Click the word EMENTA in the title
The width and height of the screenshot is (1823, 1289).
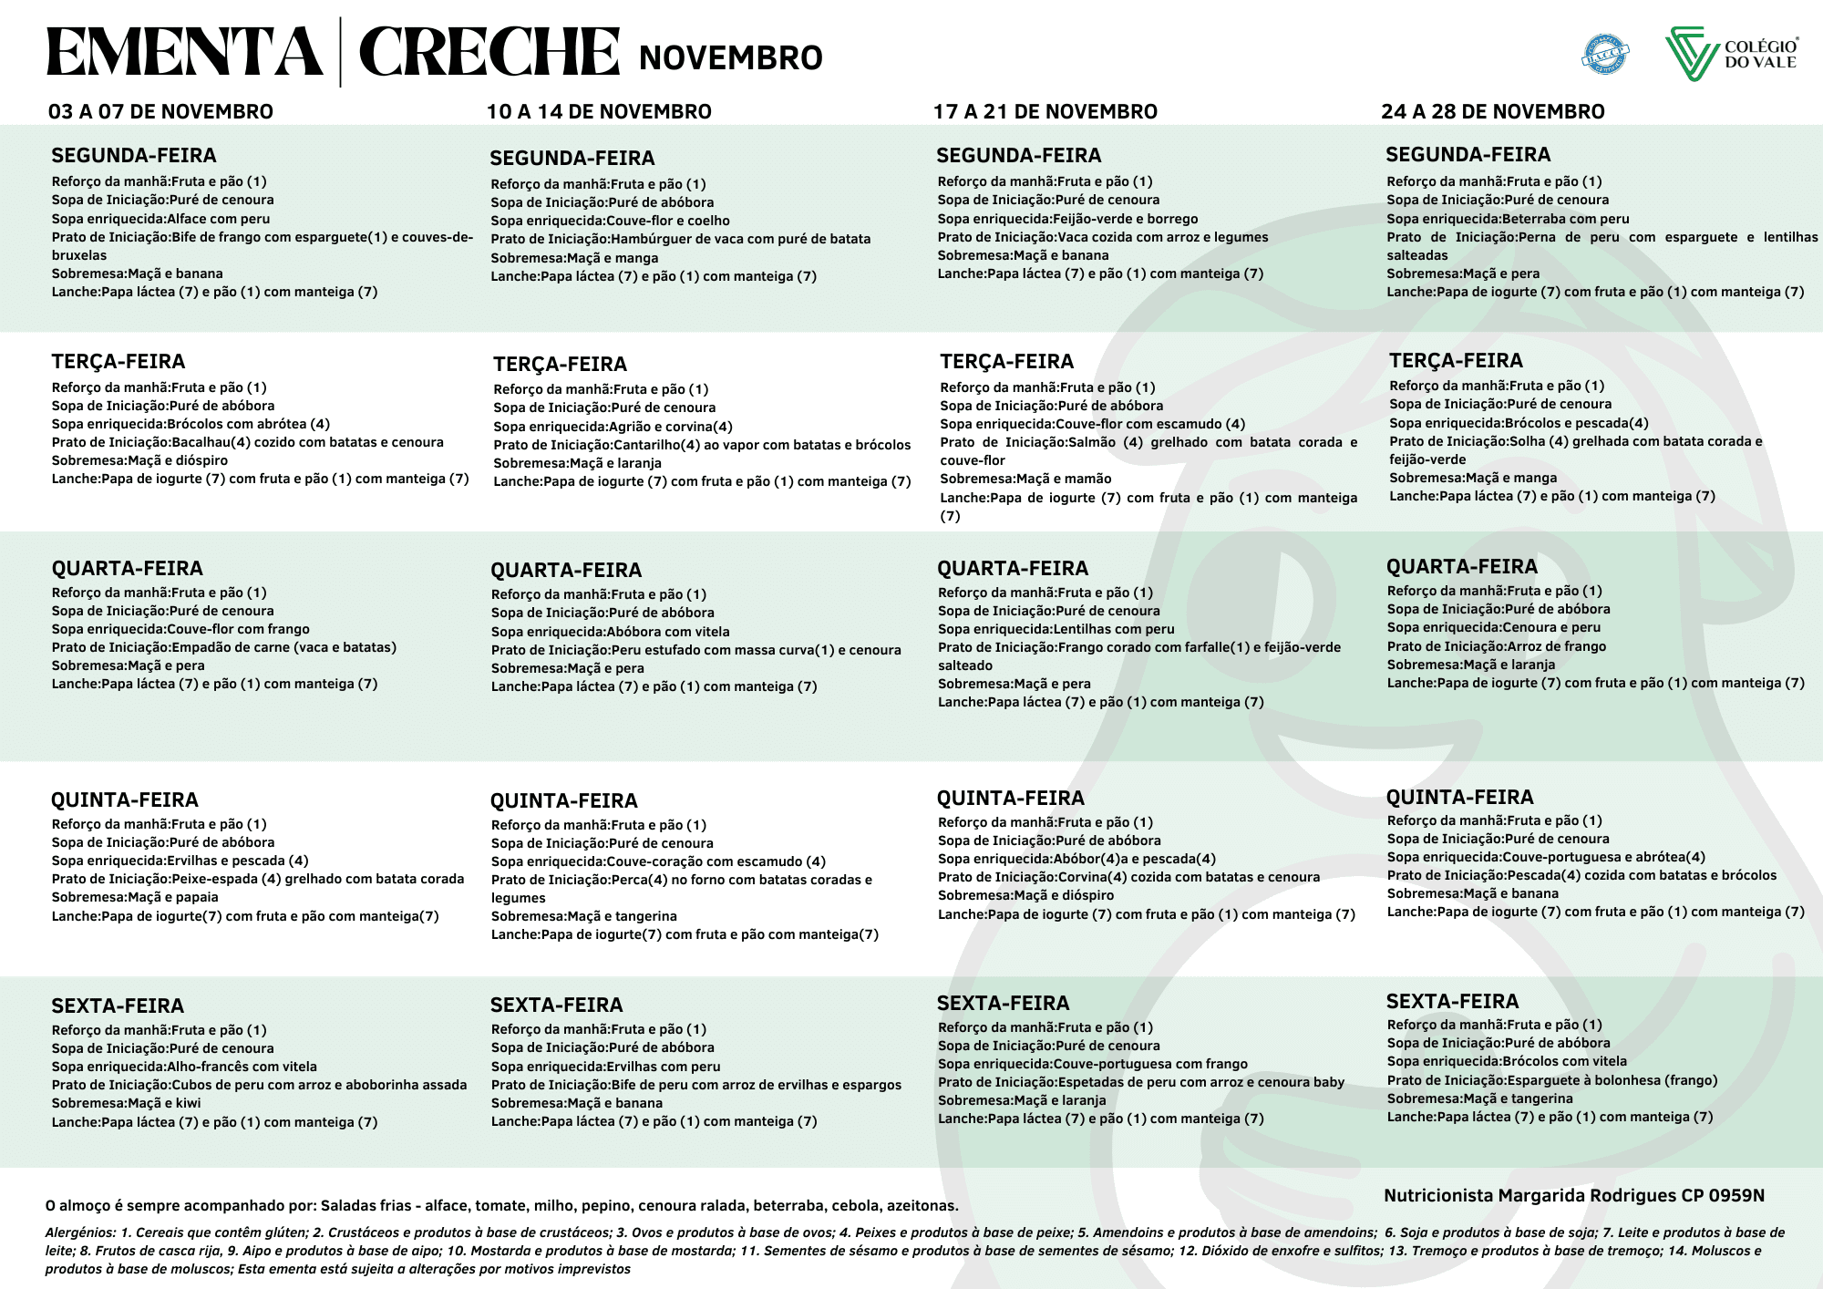[x=185, y=53]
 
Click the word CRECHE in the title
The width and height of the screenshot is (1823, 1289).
[x=489, y=53]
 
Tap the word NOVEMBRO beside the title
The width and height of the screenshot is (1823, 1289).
[x=730, y=58]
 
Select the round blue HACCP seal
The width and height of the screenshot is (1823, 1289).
[x=1605, y=54]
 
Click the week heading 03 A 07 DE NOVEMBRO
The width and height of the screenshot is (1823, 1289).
[x=160, y=112]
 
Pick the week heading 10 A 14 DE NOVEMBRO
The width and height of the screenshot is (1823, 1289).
[x=599, y=112]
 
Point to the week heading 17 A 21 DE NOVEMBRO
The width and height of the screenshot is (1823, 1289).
[x=1045, y=112]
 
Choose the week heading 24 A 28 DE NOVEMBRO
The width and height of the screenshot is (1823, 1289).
[x=1492, y=112]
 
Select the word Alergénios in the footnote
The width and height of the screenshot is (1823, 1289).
[x=80, y=1232]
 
